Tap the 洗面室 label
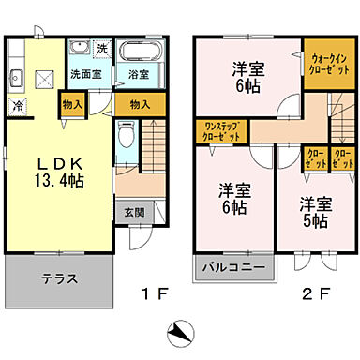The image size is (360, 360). [86, 73]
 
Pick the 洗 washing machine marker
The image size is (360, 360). [102, 49]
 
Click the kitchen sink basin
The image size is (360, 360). [16, 79]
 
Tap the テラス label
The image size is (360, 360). [59, 278]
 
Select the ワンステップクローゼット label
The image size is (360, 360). [217, 131]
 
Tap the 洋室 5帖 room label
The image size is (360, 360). [313, 210]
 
